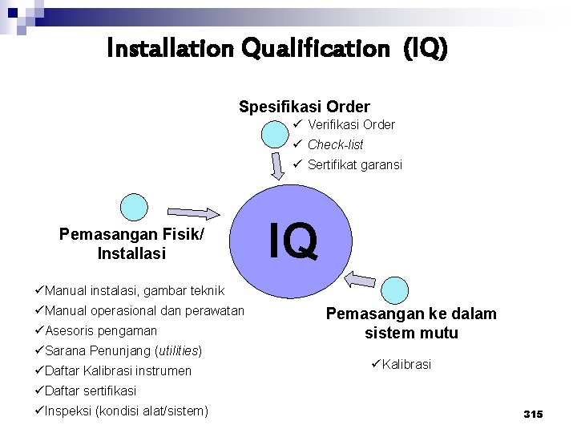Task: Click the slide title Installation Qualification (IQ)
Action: [x=278, y=50]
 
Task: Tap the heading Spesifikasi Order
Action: [x=305, y=106]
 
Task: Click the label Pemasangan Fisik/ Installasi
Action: [x=131, y=244]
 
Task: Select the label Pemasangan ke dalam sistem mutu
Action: [x=411, y=323]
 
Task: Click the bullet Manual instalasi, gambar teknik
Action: [x=135, y=290]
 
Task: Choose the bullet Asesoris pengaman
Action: [x=101, y=330]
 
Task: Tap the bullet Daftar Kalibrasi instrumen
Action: [x=118, y=370]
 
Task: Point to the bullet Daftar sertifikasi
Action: [x=91, y=391]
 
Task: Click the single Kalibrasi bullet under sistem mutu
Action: [x=405, y=364]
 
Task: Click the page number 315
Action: [x=533, y=414]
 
